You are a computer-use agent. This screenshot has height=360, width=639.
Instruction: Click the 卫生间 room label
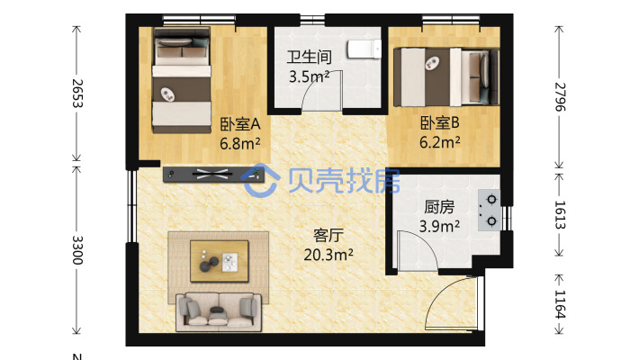click(x=309, y=57)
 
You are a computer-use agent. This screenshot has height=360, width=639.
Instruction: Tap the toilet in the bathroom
click(x=364, y=49)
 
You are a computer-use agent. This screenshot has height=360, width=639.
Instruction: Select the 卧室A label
click(x=240, y=123)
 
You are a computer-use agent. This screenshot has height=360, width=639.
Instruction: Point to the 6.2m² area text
click(x=440, y=142)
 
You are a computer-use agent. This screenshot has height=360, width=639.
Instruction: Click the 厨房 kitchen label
click(x=439, y=207)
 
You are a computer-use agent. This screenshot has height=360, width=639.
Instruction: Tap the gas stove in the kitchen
click(x=489, y=211)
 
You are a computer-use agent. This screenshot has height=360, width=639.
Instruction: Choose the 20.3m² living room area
click(x=328, y=255)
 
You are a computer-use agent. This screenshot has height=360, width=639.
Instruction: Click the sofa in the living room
click(x=219, y=312)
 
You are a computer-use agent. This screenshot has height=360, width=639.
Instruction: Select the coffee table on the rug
click(x=220, y=261)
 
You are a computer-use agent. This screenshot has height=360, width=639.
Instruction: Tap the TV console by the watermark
click(x=213, y=174)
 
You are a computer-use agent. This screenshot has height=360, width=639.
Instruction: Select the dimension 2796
click(x=560, y=96)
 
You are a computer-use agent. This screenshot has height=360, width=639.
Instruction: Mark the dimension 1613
click(x=560, y=214)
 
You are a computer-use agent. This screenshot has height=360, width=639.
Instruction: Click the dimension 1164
click(x=560, y=304)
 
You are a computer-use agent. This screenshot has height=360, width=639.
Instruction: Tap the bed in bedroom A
click(x=182, y=80)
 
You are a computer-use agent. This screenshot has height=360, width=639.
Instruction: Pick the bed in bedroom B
click(x=446, y=77)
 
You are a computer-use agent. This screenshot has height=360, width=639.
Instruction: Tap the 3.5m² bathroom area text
click(x=310, y=76)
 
